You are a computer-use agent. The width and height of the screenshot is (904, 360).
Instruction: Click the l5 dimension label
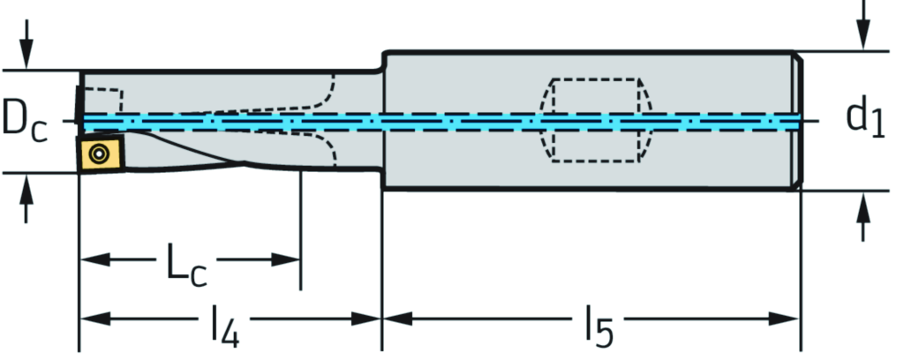[597, 326]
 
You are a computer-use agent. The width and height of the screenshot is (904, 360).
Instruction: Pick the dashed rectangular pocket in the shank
[594, 120]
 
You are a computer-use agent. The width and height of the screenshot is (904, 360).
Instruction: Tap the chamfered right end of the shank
[799, 120]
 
